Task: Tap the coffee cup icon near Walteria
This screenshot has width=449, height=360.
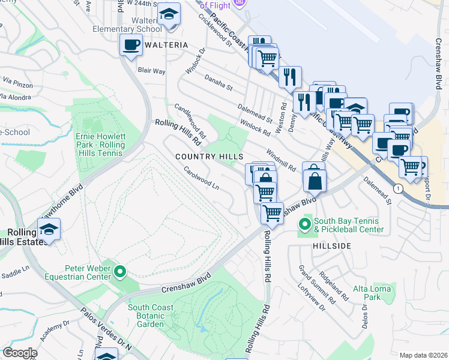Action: pyautogui.click(x=131, y=44)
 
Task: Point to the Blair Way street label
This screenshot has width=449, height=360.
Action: pyautogui.click(x=151, y=71)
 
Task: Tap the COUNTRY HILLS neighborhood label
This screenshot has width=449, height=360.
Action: pyautogui.click(x=209, y=156)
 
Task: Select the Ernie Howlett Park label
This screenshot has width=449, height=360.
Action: pyautogui.click(x=100, y=145)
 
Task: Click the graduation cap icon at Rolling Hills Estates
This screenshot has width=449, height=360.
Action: pyautogui.click(x=49, y=229)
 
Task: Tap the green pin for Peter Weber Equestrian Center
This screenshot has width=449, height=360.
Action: pyautogui.click(x=120, y=272)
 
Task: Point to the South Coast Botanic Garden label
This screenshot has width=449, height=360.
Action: pyautogui.click(x=151, y=316)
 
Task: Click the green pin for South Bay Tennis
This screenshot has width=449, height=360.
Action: pyautogui.click(x=305, y=225)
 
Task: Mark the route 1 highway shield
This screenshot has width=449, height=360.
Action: pyautogui.click(x=397, y=188)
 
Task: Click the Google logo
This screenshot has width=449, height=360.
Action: pyautogui.click(x=20, y=353)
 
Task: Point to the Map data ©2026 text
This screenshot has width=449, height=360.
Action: pyautogui.click(x=423, y=355)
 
